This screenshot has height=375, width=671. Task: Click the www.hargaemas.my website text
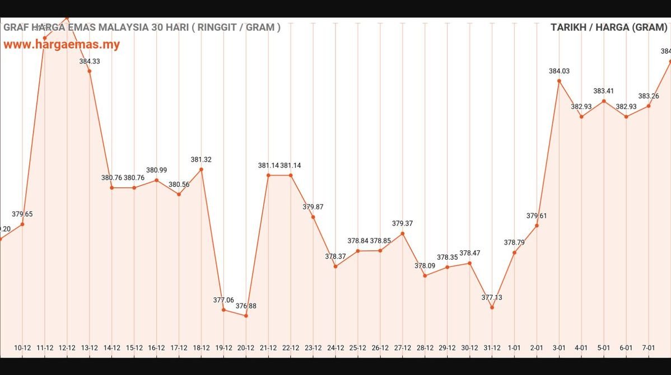(x=62, y=45)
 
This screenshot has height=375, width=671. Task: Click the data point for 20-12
(x=246, y=316)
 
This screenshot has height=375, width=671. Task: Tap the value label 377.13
(x=492, y=298)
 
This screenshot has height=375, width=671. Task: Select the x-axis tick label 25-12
(x=357, y=348)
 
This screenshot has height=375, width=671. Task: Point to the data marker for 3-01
(x=559, y=81)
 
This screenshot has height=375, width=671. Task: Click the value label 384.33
(x=90, y=62)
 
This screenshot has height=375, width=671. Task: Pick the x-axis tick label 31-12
(x=492, y=348)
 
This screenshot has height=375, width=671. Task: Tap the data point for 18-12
(x=201, y=170)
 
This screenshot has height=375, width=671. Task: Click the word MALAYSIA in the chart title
(x=122, y=27)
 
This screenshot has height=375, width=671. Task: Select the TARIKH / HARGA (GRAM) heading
(x=609, y=27)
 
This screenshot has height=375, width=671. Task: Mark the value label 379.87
(x=313, y=207)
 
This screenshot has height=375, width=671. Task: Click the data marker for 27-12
(x=402, y=233)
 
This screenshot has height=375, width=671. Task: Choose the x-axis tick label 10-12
(x=22, y=348)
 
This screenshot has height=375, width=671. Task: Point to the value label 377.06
(x=223, y=300)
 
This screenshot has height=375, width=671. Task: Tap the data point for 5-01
(x=604, y=101)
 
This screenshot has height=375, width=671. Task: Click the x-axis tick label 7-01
(x=648, y=348)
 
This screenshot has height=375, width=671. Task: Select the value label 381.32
(x=201, y=160)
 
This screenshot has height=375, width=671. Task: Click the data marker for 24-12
(x=335, y=266)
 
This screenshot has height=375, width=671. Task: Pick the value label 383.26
(x=648, y=96)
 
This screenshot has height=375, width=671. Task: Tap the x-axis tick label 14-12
(x=111, y=348)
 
